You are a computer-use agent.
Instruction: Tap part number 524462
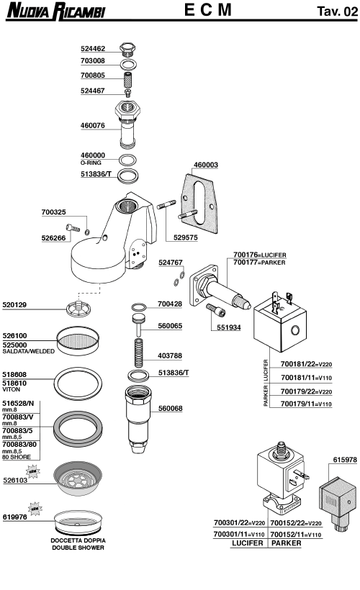[x=91, y=49]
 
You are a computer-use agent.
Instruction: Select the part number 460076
[x=91, y=124]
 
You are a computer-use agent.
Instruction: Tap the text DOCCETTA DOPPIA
[x=77, y=540]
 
